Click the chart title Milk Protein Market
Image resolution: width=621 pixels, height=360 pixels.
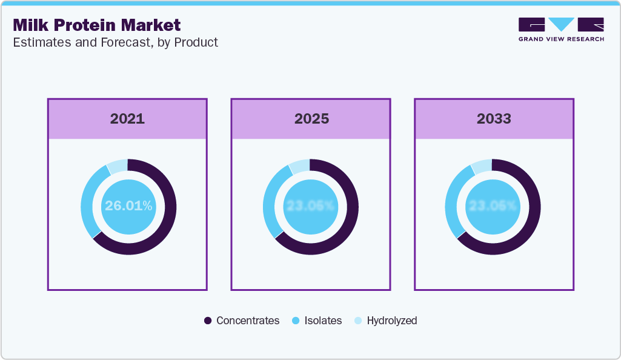pyautogui.click(x=96, y=25)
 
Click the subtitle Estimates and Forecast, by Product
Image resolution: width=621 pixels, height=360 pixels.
pyautogui.click(x=115, y=42)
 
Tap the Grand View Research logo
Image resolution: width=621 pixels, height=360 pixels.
pyautogui.click(x=561, y=29)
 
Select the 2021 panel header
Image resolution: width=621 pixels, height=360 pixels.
pyautogui.click(x=127, y=118)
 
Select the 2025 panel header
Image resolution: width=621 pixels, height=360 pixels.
pyautogui.click(x=311, y=118)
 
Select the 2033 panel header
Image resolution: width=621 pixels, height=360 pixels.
pyautogui.click(x=494, y=118)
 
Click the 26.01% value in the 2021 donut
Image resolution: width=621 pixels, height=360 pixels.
pyautogui.click(x=128, y=206)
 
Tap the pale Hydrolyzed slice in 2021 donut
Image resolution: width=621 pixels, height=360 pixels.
pyautogui.click(x=118, y=166)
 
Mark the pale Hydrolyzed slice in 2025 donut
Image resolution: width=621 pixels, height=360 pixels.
pyautogui.click(x=300, y=166)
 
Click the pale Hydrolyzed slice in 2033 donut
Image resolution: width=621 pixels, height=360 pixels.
pyautogui.click(x=482, y=166)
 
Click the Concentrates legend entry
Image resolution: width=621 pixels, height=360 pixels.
pyautogui.click(x=242, y=321)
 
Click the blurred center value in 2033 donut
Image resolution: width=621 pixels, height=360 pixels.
pyautogui.click(x=493, y=206)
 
